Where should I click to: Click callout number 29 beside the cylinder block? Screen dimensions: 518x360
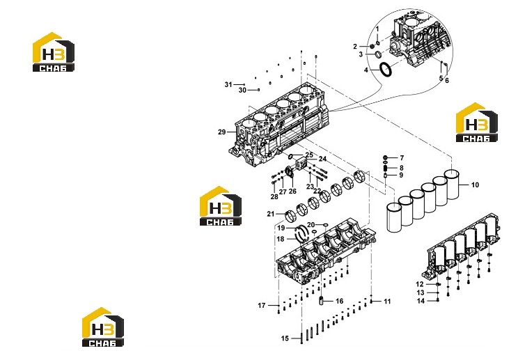[x=221, y=132]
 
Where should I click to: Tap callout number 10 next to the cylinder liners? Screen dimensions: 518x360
[x=475, y=185]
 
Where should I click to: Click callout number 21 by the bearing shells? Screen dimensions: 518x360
[x=271, y=214]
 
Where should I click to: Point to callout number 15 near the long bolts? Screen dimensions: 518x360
[x=285, y=338]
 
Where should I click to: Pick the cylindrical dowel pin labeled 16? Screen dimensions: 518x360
[x=320, y=301]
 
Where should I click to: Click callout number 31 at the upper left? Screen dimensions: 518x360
[x=228, y=84]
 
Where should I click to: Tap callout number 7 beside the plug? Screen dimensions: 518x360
[x=402, y=158]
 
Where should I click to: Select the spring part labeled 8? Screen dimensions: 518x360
[x=385, y=168]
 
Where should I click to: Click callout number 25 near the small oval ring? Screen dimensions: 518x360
[x=309, y=155]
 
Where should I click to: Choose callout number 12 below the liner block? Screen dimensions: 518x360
[x=420, y=284]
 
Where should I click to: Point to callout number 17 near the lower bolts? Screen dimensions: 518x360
[x=262, y=306]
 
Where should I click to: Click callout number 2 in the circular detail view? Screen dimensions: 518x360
[x=355, y=47]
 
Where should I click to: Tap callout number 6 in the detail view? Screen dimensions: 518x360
[x=447, y=80]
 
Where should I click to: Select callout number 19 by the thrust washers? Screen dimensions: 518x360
[x=281, y=228]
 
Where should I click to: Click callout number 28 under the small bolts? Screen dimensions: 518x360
[x=274, y=197]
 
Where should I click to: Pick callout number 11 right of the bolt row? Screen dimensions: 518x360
[x=387, y=302]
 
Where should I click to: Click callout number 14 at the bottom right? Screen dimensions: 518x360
[x=421, y=301]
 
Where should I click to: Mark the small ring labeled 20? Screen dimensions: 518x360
[x=326, y=225]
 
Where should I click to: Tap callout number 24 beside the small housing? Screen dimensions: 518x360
[x=322, y=159]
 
